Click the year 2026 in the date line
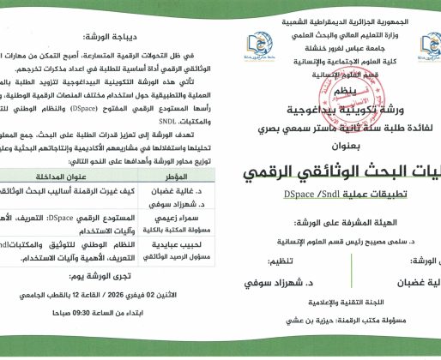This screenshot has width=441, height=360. pyautogui.click(x=122, y=320)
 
